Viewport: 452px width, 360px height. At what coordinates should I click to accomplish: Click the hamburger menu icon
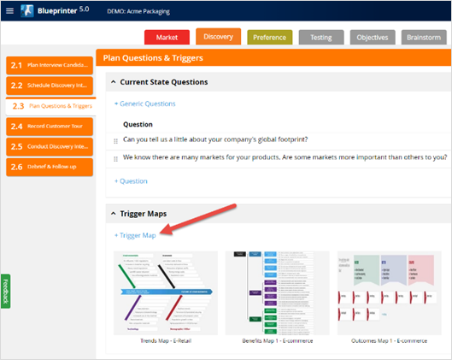pyautogui.click(x=9, y=11)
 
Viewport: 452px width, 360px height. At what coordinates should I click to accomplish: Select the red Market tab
pyautogui.click(x=167, y=38)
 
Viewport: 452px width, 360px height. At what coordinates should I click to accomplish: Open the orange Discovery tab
pyautogui.click(x=218, y=36)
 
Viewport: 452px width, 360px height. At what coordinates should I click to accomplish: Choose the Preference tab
pyautogui.click(x=269, y=38)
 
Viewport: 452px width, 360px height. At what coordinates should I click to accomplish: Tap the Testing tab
pyautogui.click(x=321, y=38)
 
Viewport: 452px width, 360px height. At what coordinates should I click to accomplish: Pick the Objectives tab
pyautogui.click(x=372, y=38)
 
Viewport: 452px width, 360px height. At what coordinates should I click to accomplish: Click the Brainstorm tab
pyautogui.click(x=423, y=38)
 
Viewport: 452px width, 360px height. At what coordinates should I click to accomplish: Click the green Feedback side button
pyautogui.click(x=6, y=290)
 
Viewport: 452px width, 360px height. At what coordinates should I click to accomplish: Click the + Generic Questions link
pyautogui.click(x=144, y=103)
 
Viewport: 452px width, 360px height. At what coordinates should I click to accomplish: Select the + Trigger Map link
pyautogui.click(x=135, y=235)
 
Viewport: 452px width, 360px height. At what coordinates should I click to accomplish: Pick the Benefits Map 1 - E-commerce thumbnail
pyautogui.click(x=277, y=292)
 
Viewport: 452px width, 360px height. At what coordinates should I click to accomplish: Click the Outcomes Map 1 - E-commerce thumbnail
pyautogui.click(x=388, y=292)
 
